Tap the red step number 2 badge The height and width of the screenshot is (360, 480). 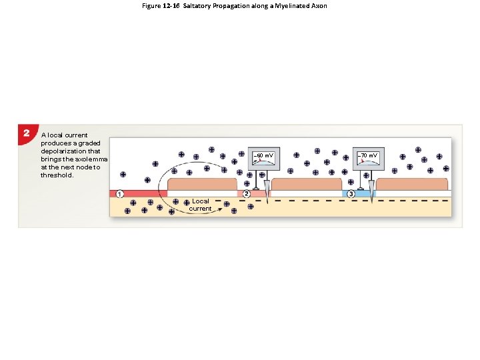click(26, 133)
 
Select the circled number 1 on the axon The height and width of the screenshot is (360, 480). click(119, 194)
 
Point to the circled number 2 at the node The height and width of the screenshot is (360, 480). click(247, 194)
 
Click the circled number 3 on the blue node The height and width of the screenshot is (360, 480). click(351, 194)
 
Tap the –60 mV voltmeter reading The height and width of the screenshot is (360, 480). click(264, 156)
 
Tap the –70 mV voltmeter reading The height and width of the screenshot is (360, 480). click(368, 155)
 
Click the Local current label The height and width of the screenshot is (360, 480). click(200, 205)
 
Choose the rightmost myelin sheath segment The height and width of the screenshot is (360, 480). click(412, 184)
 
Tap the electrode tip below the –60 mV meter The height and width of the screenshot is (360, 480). click(266, 200)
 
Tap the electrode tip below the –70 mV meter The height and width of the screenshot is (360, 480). click(371, 200)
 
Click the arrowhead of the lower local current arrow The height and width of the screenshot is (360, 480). click(221, 207)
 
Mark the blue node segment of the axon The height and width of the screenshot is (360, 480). click(359, 194)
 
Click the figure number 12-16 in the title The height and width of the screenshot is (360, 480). click(171, 6)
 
